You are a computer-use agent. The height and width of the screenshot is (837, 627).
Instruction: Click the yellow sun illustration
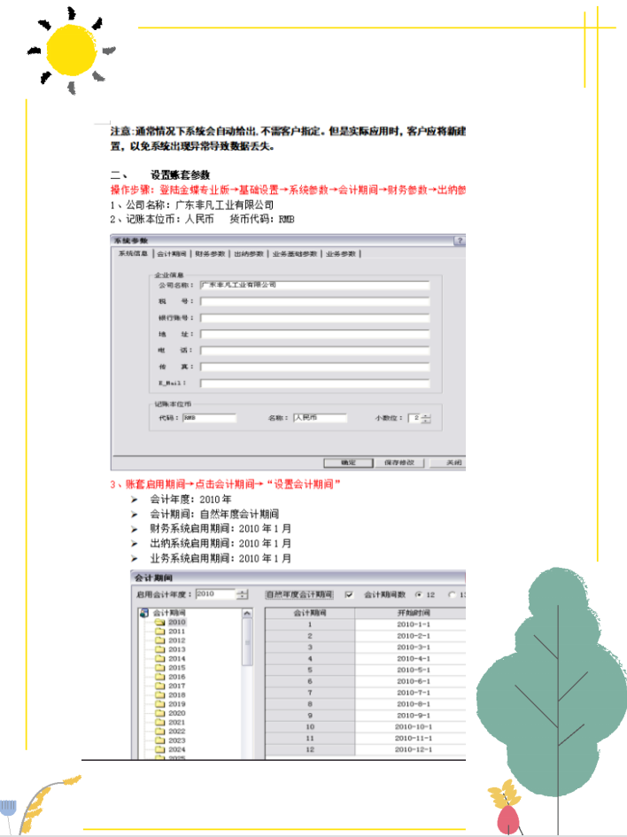click(x=71, y=50)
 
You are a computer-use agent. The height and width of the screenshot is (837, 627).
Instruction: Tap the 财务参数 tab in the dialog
click(x=211, y=254)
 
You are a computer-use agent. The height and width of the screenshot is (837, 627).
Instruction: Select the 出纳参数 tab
click(x=249, y=254)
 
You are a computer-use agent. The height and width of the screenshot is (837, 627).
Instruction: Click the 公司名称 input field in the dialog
click(x=314, y=285)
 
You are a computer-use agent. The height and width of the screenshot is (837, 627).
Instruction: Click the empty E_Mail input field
click(x=314, y=384)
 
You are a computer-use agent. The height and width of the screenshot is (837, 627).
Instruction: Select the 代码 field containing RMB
click(x=210, y=418)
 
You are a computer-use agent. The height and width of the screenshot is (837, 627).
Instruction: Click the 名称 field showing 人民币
click(x=320, y=418)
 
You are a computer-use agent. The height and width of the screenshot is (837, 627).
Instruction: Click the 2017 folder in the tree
click(x=177, y=686)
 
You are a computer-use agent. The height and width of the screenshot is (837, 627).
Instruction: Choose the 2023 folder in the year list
click(x=177, y=740)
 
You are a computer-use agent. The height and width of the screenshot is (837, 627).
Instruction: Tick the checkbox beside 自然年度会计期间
click(x=349, y=594)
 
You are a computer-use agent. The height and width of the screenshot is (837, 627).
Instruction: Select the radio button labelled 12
click(x=418, y=594)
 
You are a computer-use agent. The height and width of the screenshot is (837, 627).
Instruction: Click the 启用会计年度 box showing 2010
click(x=215, y=594)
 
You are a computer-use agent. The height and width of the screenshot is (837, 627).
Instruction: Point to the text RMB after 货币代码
click(x=287, y=218)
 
